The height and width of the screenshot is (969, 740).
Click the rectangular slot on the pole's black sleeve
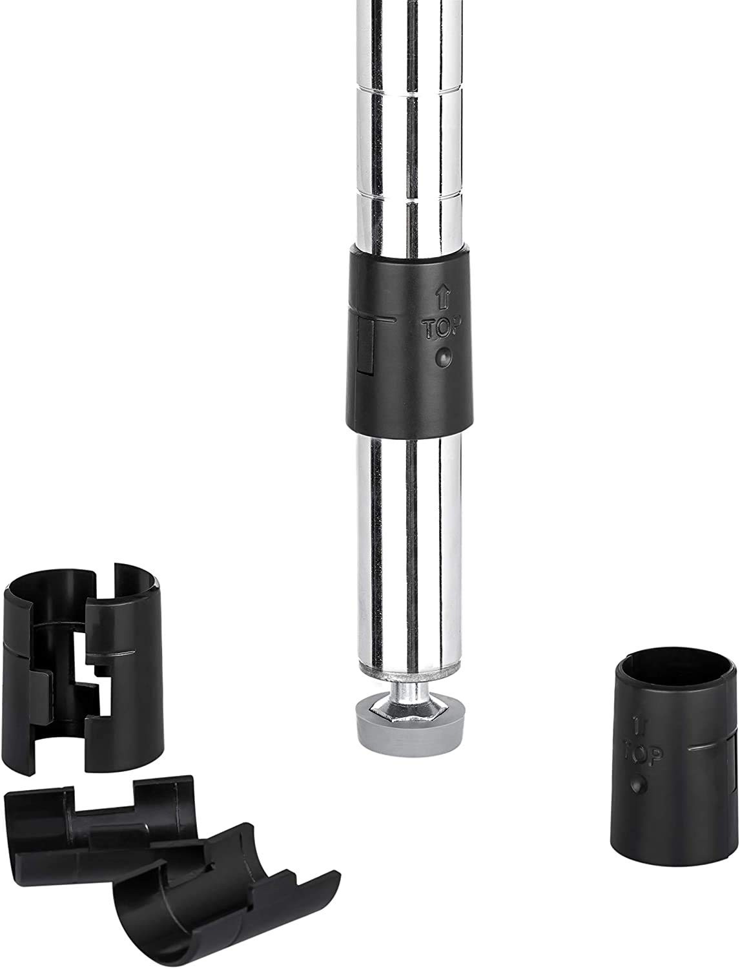[365, 346]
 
